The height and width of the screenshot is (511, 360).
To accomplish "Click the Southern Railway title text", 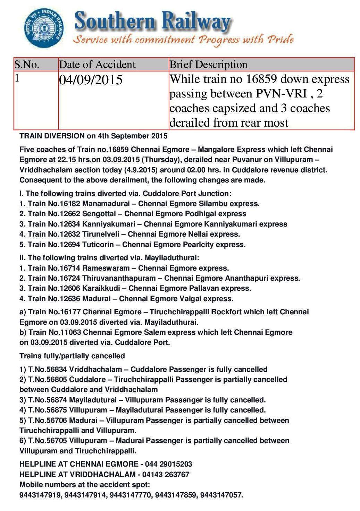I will click(152, 22).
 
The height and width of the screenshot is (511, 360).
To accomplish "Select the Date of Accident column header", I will click(97, 65).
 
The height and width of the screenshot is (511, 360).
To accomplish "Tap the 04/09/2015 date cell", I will click(91, 80).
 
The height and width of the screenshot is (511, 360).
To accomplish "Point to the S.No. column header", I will click(27, 65).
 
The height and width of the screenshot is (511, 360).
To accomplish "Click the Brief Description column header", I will click(208, 65).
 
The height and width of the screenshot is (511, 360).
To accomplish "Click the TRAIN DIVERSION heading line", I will click(93, 136).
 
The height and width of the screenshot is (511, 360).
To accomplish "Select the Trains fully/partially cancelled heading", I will click(72, 356).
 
